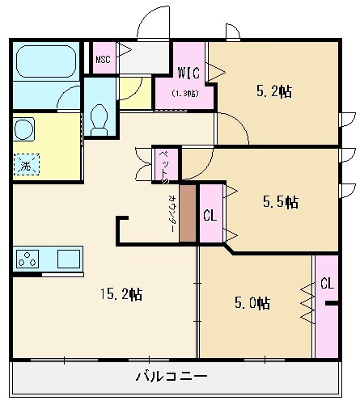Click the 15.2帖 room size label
coord(121,295)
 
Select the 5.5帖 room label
coord(281,200)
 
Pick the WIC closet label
coord(189,72)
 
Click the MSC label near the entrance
coord(103,59)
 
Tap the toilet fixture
coord(100,119)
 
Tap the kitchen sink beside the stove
coord(68,259)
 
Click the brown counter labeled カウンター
coord(188,213)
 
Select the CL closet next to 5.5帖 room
coord(210,215)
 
